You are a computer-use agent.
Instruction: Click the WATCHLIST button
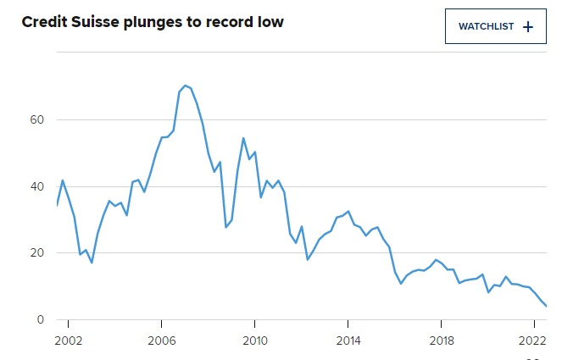(496, 26)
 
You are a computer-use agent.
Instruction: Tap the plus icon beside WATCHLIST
(528, 27)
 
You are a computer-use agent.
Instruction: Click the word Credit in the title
(44, 22)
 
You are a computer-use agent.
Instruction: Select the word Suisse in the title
(95, 22)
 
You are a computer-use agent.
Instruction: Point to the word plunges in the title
(153, 23)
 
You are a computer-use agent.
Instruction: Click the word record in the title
(230, 22)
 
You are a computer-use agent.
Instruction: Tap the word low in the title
(270, 22)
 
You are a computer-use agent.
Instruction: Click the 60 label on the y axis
(37, 119)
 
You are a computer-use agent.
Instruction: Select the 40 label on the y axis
(37, 186)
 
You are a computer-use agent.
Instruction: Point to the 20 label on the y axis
(37, 253)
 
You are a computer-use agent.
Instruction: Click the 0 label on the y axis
(40, 319)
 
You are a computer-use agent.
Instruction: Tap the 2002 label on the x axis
(68, 341)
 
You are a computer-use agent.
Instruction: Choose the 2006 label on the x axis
(162, 341)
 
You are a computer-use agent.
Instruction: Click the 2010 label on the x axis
(255, 341)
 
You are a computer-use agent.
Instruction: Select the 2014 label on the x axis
(348, 341)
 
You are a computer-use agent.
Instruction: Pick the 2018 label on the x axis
(442, 341)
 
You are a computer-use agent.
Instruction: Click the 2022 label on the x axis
(532, 341)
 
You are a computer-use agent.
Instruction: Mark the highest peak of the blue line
(185, 86)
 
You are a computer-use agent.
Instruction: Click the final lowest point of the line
(546, 306)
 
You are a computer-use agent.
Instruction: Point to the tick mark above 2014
(348, 324)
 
